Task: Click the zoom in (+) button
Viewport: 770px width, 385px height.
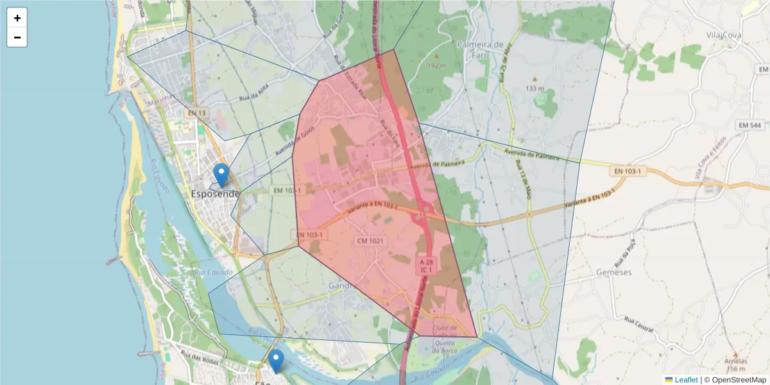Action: click(x=17, y=18)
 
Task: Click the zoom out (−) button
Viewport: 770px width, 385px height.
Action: click(x=17, y=37)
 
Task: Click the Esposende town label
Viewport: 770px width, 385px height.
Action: click(x=216, y=194)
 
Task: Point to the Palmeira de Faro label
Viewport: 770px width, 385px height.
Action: click(x=481, y=49)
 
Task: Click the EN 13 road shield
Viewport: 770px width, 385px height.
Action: click(x=197, y=113)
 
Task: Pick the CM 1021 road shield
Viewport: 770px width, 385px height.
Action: click(x=370, y=241)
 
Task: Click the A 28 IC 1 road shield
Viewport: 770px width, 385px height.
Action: click(x=424, y=266)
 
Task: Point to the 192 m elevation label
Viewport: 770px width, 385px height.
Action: click(x=436, y=65)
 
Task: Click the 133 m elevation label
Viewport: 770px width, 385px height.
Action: click(x=535, y=88)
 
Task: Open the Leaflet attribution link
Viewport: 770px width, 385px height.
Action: click(x=686, y=380)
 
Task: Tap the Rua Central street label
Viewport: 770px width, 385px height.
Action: click(x=639, y=325)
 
